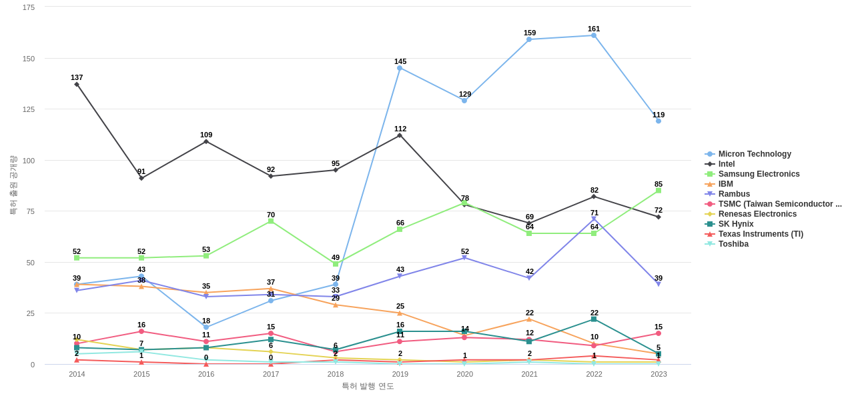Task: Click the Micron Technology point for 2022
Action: (x=594, y=35)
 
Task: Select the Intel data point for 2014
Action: (x=77, y=85)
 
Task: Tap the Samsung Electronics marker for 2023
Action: (x=659, y=191)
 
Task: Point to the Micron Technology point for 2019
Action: (x=400, y=68)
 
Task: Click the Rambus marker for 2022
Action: (x=594, y=219)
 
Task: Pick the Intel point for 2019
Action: (x=400, y=135)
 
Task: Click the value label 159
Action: (x=530, y=33)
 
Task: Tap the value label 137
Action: (x=77, y=77)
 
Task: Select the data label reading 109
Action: (x=206, y=135)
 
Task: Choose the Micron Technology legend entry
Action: (x=755, y=154)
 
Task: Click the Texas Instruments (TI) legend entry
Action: (x=761, y=234)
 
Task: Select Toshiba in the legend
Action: (x=733, y=244)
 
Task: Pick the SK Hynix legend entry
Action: (x=736, y=224)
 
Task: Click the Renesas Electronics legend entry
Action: (x=757, y=214)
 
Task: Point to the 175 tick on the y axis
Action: (x=29, y=7)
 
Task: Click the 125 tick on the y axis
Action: (x=29, y=109)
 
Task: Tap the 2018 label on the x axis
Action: (x=336, y=374)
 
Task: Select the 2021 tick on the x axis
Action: (x=529, y=374)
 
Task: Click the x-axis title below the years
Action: (x=368, y=386)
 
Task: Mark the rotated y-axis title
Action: (x=13, y=185)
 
